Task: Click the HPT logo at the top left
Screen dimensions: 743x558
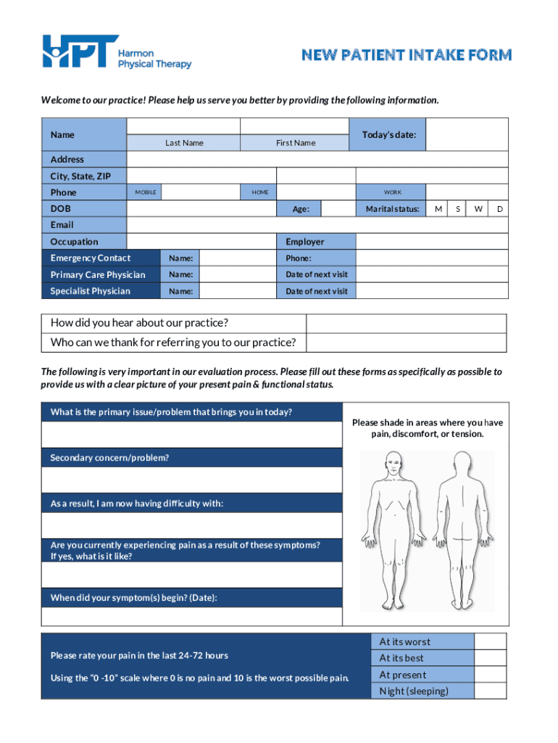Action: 80,52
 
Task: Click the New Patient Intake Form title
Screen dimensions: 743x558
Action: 407,55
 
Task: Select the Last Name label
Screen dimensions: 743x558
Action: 184,143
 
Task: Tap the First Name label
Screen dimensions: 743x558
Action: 296,143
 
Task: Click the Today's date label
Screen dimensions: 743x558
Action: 388,135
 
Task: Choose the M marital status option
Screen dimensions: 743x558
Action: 438,209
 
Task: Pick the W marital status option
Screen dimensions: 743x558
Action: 478,209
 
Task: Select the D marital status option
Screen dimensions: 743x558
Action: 499,209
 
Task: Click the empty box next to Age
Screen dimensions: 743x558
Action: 338,209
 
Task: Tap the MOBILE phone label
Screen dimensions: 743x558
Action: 146,192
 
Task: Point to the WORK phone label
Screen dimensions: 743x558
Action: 392,192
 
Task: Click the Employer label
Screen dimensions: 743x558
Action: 305,242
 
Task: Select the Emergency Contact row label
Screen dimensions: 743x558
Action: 91,258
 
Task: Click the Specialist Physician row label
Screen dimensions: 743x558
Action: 91,291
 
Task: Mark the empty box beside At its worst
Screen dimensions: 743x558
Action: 490,641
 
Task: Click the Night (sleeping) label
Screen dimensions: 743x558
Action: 414,691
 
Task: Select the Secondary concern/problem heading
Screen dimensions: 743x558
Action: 109,458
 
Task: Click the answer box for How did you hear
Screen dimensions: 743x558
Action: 407,323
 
